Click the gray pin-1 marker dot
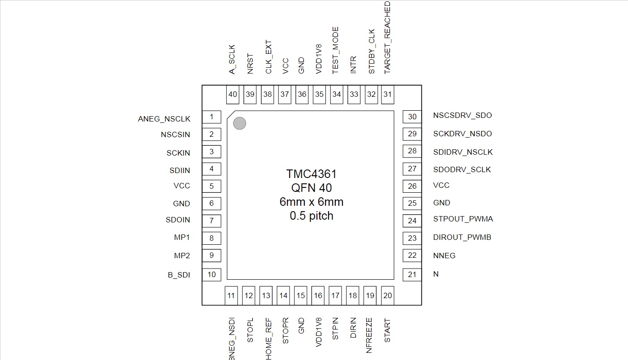[x=239, y=123]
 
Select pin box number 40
[x=233, y=95]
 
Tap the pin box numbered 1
[x=212, y=117]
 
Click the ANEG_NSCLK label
[x=164, y=119]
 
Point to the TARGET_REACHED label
[x=387, y=38]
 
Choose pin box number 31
[x=388, y=95]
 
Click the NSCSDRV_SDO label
[x=463, y=116]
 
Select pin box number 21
[x=412, y=274]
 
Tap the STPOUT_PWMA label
[x=463, y=219]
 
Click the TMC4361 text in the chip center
[x=311, y=174]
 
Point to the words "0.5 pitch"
[x=312, y=216]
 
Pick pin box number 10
[x=212, y=274]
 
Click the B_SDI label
[x=179, y=275]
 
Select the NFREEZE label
[x=369, y=335]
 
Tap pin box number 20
[x=388, y=295]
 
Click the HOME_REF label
[x=269, y=338]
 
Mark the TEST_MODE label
[x=335, y=51]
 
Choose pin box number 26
[x=412, y=186]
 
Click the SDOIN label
[x=178, y=220]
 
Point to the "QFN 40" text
[x=312, y=188]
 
